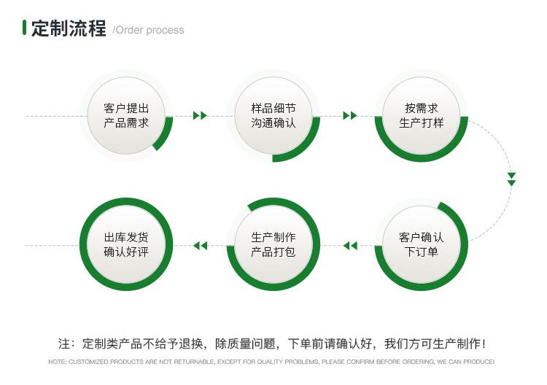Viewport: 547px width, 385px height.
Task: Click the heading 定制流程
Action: pos(68,29)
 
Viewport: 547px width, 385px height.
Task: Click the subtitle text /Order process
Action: pos(148,31)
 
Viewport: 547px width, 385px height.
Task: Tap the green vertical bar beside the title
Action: pos(25,28)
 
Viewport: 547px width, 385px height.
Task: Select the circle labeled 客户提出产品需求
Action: pos(126,115)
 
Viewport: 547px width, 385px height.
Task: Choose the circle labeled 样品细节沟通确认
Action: pos(273,115)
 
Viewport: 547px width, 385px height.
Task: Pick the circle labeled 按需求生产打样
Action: pos(421,115)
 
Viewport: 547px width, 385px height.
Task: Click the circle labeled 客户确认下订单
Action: pos(421,244)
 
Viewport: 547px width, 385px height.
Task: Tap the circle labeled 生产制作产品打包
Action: pos(273,244)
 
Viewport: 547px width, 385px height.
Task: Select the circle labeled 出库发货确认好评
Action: pos(126,244)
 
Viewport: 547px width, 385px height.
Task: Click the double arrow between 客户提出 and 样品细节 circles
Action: pos(200,115)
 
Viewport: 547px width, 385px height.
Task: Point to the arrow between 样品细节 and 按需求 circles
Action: pos(349,115)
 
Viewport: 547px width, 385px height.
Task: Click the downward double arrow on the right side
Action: pos(511,179)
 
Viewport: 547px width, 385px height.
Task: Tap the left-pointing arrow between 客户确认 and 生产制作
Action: pos(350,246)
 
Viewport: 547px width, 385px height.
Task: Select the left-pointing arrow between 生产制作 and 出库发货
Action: pos(200,246)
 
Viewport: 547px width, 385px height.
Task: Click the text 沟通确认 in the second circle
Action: pos(273,123)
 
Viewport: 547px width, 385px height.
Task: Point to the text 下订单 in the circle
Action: pos(421,252)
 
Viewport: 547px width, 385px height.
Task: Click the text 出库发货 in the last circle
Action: pos(126,237)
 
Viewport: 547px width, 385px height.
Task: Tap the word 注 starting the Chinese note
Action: pos(63,343)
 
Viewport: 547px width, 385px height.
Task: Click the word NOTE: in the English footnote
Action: pos(58,362)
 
